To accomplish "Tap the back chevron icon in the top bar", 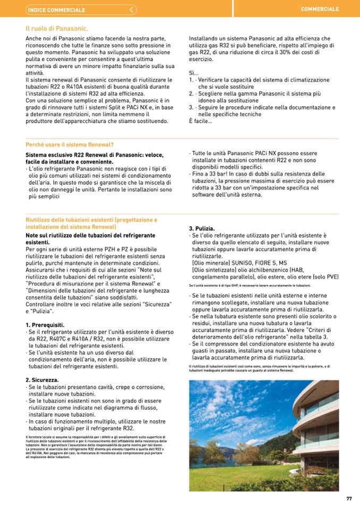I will point(132,10).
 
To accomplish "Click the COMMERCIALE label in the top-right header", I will point(320,10).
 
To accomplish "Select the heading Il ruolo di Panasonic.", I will point(56,28).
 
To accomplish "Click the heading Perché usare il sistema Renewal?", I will point(70,144).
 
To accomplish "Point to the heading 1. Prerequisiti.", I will point(45,324).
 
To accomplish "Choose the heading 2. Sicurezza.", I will point(42,380).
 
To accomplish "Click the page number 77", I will point(349,498).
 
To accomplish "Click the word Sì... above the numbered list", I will point(193,73).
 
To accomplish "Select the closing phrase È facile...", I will point(200,121).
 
